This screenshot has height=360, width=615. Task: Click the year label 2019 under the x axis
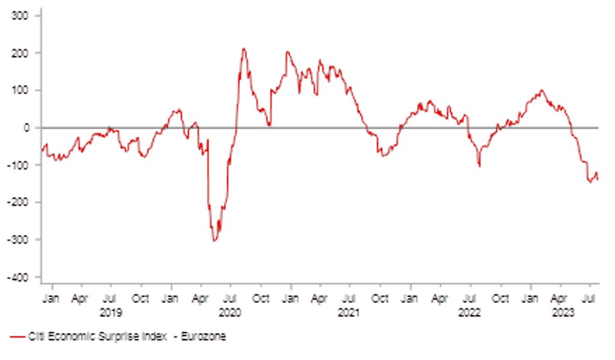pyautogui.click(x=110, y=312)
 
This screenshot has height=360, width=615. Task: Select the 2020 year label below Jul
pyautogui.click(x=229, y=312)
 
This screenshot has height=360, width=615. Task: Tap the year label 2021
pyautogui.click(x=349, y=312)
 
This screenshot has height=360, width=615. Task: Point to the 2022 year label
pyautogui.click(x=469, y=312)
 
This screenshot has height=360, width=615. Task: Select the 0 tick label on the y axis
pyautogui.click(x=26, y=127)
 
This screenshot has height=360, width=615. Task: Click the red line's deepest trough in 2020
pyautogui.click(x=214, y=241)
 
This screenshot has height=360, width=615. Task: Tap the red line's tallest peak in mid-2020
pyautogui.click(x=244, y=48)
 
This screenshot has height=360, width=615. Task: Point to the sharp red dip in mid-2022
pyautogui.click(x=480, y=167)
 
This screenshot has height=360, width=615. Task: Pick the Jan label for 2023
pyautogui.click(x=530, y=298)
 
